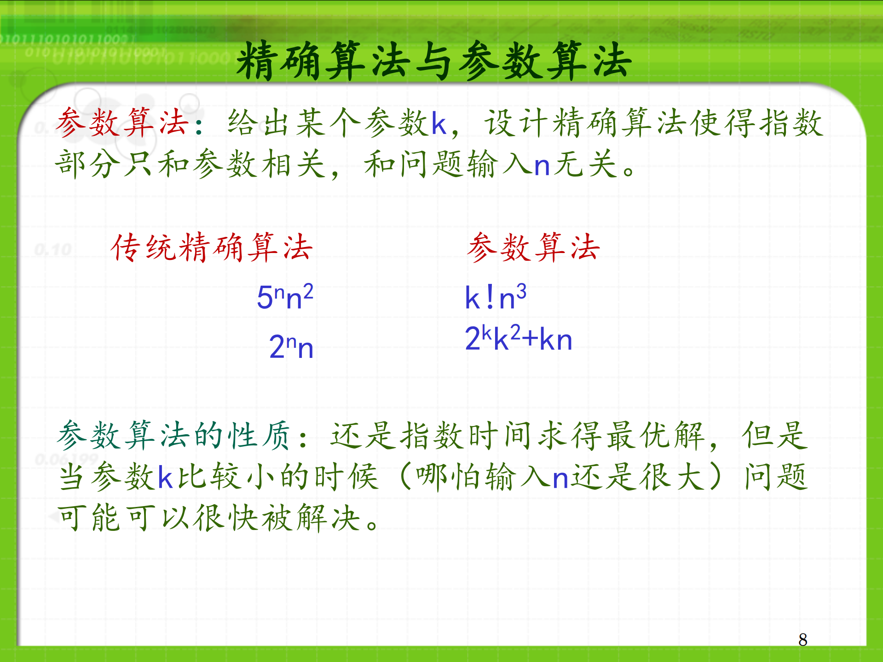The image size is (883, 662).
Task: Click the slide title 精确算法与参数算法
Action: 433,61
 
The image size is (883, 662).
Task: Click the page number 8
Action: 802,639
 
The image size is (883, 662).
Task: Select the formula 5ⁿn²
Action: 285,297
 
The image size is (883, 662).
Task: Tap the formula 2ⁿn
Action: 291,346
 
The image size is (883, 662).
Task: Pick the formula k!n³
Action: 495,297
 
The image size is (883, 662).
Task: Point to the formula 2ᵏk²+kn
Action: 518,339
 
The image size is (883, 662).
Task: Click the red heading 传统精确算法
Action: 212,248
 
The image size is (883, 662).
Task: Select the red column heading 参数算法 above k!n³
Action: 534,248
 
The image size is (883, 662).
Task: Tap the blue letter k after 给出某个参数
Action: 439,123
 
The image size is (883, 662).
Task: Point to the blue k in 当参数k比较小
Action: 165,477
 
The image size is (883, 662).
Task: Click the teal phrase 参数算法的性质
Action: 174,435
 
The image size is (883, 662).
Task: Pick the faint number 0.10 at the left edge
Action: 53,250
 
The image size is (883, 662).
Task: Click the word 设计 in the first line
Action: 517,123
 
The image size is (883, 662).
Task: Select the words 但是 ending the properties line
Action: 775,435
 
